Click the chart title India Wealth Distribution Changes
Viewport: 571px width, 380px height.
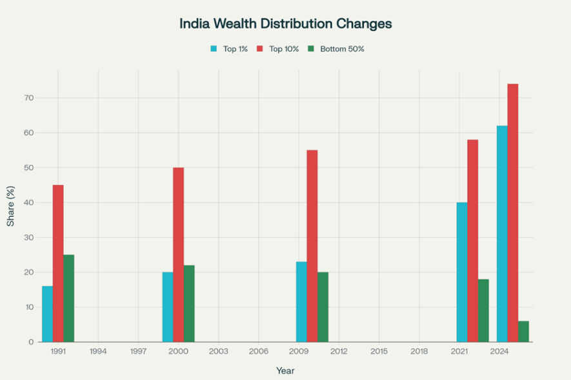click(285, 24)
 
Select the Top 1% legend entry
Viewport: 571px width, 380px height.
click(229, 49)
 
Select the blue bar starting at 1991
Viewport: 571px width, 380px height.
click(47, 314)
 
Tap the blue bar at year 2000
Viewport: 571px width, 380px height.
click(168, 307)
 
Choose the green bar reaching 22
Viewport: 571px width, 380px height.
click(189, 303)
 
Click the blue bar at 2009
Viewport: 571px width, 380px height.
click(301, 301)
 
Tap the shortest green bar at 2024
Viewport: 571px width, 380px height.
click(523, 331)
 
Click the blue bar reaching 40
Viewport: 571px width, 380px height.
click(462, 272)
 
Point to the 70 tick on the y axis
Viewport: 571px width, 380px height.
click(30, 98)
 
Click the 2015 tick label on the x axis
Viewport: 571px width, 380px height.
click(379, 352)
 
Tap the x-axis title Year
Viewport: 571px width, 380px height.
click(285, 371)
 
